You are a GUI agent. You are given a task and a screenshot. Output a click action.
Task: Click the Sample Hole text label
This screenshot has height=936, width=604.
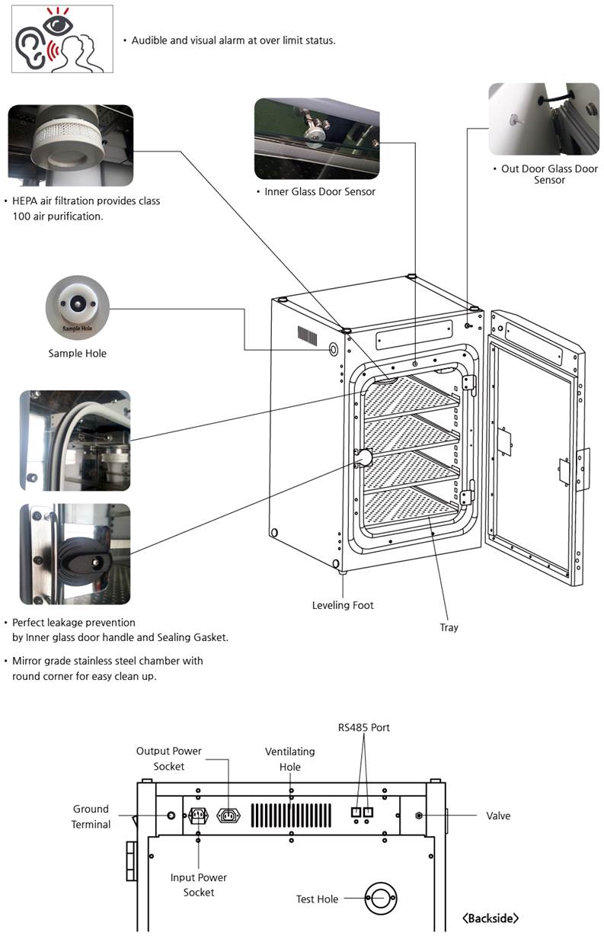(x=77, y=354)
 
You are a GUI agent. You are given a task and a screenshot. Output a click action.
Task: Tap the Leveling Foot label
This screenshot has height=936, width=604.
(x=343, y=605)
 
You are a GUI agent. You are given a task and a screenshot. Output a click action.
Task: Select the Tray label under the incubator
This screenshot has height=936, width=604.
(x=449, y=627)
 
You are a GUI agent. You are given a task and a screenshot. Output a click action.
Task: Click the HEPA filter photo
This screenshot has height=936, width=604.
(x=70, y=146)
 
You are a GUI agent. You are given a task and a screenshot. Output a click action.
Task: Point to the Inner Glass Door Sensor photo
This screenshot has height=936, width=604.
(x=316, y=139)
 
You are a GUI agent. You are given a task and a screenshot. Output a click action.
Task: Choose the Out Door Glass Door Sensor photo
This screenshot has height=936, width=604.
(x=543, y=119)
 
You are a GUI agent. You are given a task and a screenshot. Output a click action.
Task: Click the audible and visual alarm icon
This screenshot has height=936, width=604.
(x=62, y=39)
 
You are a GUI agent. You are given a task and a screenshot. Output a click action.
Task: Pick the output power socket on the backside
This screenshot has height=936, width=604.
(x=229, y=816)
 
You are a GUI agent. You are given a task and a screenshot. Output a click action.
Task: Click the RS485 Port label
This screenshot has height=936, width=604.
(x=364, y=728)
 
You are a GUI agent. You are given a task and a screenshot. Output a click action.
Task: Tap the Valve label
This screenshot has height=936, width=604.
(x=498, y=816)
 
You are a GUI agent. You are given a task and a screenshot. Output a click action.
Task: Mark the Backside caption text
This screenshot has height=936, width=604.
(x=491, y=918)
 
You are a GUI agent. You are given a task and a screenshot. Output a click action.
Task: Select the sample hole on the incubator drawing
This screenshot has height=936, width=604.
(x=334, y=348)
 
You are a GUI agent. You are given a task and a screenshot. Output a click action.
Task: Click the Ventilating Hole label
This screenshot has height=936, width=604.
(x=289, y=759)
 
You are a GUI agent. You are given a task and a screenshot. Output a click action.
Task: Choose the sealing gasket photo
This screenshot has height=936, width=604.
(x=75, y=441)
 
